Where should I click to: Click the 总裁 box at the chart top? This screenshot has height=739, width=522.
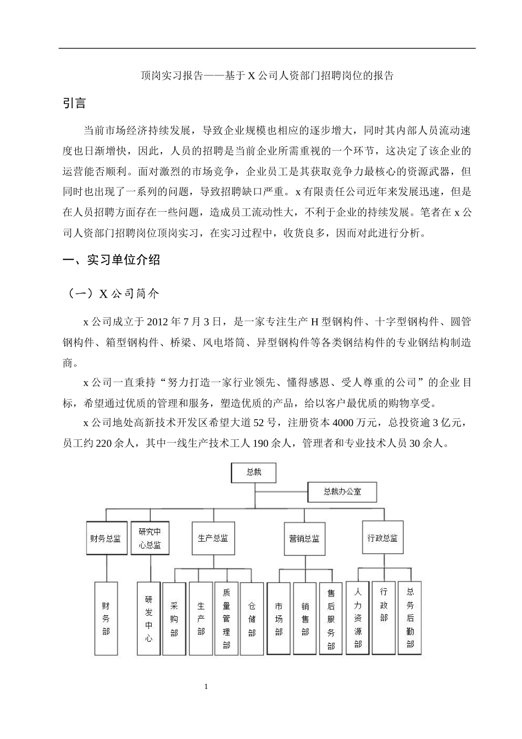point(253,472)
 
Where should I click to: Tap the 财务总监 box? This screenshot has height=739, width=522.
point(105,538)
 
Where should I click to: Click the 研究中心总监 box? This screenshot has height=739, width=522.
point(150,538)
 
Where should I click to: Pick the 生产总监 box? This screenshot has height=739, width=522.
point(213,538)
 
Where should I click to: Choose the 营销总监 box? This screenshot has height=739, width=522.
point(304,538)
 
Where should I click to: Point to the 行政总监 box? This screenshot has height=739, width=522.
point(382,538)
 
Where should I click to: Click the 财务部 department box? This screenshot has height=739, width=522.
point(106,619)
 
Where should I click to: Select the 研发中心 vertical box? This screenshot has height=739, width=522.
point(148,619)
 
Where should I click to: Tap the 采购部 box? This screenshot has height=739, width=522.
point(174,619)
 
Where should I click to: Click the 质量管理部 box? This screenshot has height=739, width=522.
point(226,619)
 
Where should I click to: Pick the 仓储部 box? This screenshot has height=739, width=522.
point(252,619)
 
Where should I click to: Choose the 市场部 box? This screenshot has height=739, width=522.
point(279,619)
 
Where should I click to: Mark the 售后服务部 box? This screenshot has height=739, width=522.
point(331,619)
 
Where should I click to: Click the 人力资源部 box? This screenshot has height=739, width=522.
point(357,617)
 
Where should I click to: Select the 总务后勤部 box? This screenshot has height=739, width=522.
point(410,617)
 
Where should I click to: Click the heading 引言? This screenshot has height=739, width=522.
point(74,103)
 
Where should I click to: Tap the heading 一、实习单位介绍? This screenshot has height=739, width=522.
point(112,260)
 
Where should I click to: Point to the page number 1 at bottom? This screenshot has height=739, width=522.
point(206,687)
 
